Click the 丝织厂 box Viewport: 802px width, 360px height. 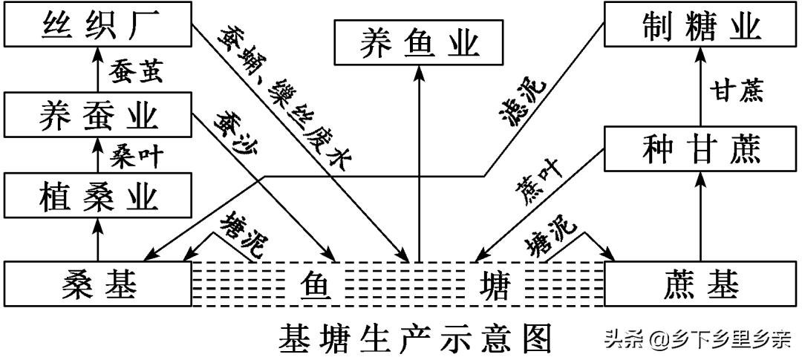(97, 27)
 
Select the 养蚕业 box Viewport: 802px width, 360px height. (97, 117)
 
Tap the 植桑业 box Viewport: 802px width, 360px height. (97, 197)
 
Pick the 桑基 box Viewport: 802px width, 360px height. (97, 284)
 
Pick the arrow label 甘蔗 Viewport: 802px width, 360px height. (735, 91)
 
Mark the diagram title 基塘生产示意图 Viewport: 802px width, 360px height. (417, 338)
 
